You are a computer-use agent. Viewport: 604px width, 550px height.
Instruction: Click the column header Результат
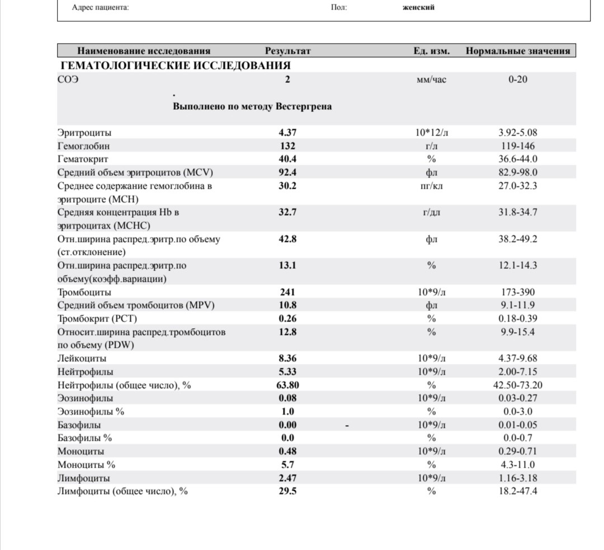(287, 51)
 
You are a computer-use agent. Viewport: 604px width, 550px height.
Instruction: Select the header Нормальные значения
(517, 51)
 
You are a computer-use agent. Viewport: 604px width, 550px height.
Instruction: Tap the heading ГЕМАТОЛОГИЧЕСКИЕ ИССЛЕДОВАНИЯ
(175, 66)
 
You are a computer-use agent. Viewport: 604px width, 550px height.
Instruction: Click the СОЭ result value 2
(287, 80)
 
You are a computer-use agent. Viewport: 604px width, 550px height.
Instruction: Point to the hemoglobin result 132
(287, 146)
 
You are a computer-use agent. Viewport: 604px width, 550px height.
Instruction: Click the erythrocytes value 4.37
(287, 133)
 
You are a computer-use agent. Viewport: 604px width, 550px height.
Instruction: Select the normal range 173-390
(517, 292)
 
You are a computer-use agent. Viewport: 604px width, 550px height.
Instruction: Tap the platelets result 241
(287, 292)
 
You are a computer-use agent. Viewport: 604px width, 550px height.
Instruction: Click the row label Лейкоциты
(82, 358)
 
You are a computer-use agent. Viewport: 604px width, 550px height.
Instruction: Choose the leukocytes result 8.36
(287, 358)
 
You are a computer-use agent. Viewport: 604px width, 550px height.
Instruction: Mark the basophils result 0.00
(287, 425)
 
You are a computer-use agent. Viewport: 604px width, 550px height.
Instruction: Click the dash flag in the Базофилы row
(347, 426)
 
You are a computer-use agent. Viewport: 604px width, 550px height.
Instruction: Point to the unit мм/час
(431, 80)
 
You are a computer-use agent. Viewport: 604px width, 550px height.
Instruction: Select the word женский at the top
(418, 7)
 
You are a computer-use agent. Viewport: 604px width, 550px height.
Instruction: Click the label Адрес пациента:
(101, 8)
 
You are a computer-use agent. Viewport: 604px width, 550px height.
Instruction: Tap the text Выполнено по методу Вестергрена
(252, 106)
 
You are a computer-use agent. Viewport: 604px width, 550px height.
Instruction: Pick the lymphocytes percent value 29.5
(287, 492)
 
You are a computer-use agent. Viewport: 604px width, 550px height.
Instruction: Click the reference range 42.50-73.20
(517, 385)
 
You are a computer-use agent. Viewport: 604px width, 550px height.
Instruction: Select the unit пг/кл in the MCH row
(431, 186)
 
